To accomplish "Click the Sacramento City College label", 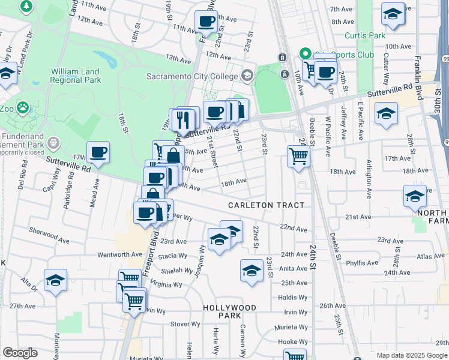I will tap(192, 76).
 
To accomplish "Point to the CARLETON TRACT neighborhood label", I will tap(266, 205).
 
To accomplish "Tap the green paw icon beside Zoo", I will tap(23, 108).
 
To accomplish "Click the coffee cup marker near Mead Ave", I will tap(98, 152).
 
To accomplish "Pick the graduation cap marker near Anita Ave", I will tap(252, 271).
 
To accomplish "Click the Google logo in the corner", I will tap(20, 353).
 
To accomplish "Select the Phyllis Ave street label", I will tap(362, 263).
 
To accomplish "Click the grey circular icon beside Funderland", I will tap(53, 143).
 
